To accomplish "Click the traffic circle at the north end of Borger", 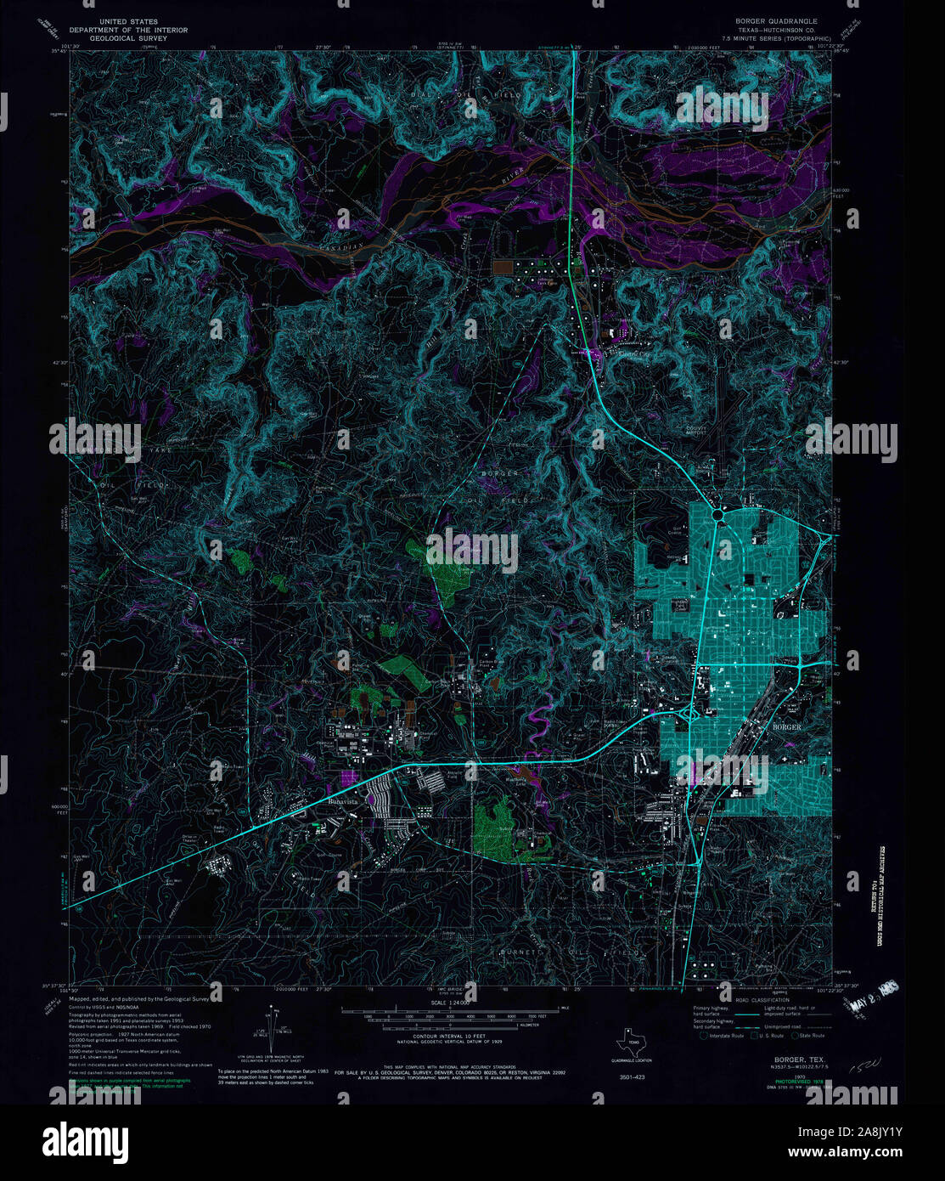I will tap(718, 514).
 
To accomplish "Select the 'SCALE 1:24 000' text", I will tap(450, 1003).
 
